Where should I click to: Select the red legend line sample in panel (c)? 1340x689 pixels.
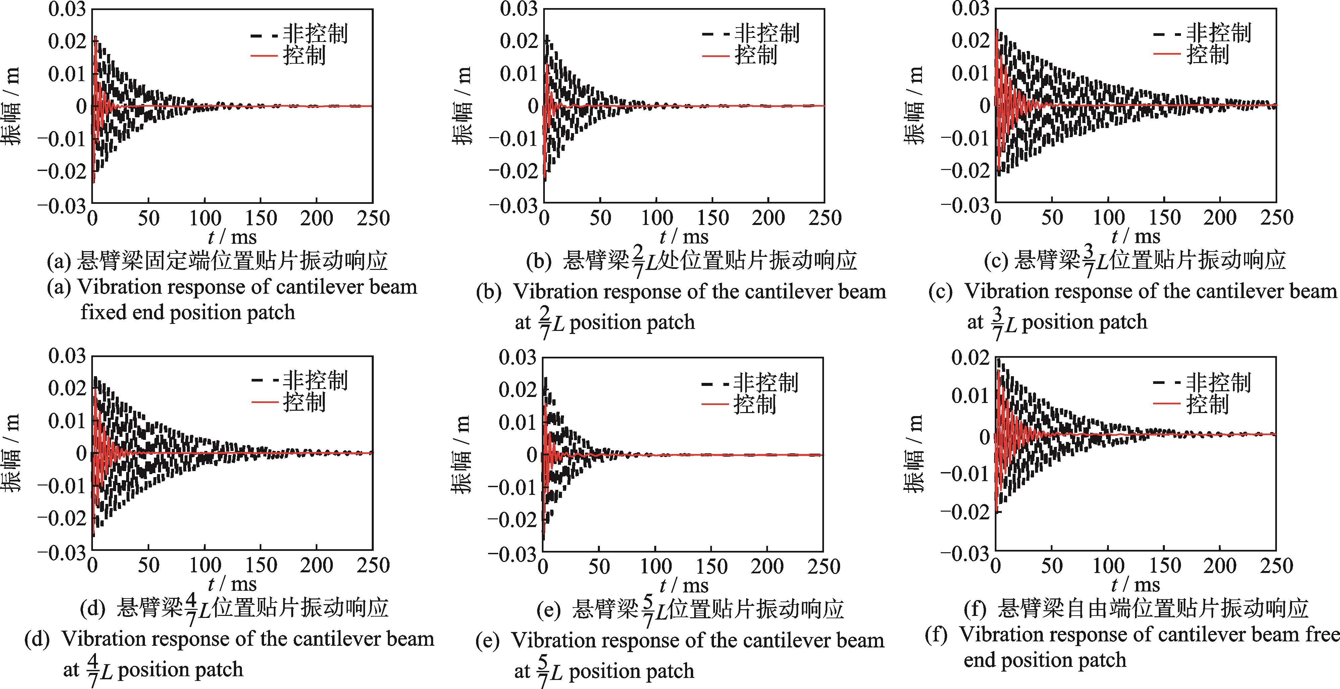click(1167, 54)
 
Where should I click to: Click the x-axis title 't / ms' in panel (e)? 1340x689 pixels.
click(683, 585)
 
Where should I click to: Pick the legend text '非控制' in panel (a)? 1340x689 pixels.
click(315, 34)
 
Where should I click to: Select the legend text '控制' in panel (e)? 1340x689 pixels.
click(755, 404)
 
